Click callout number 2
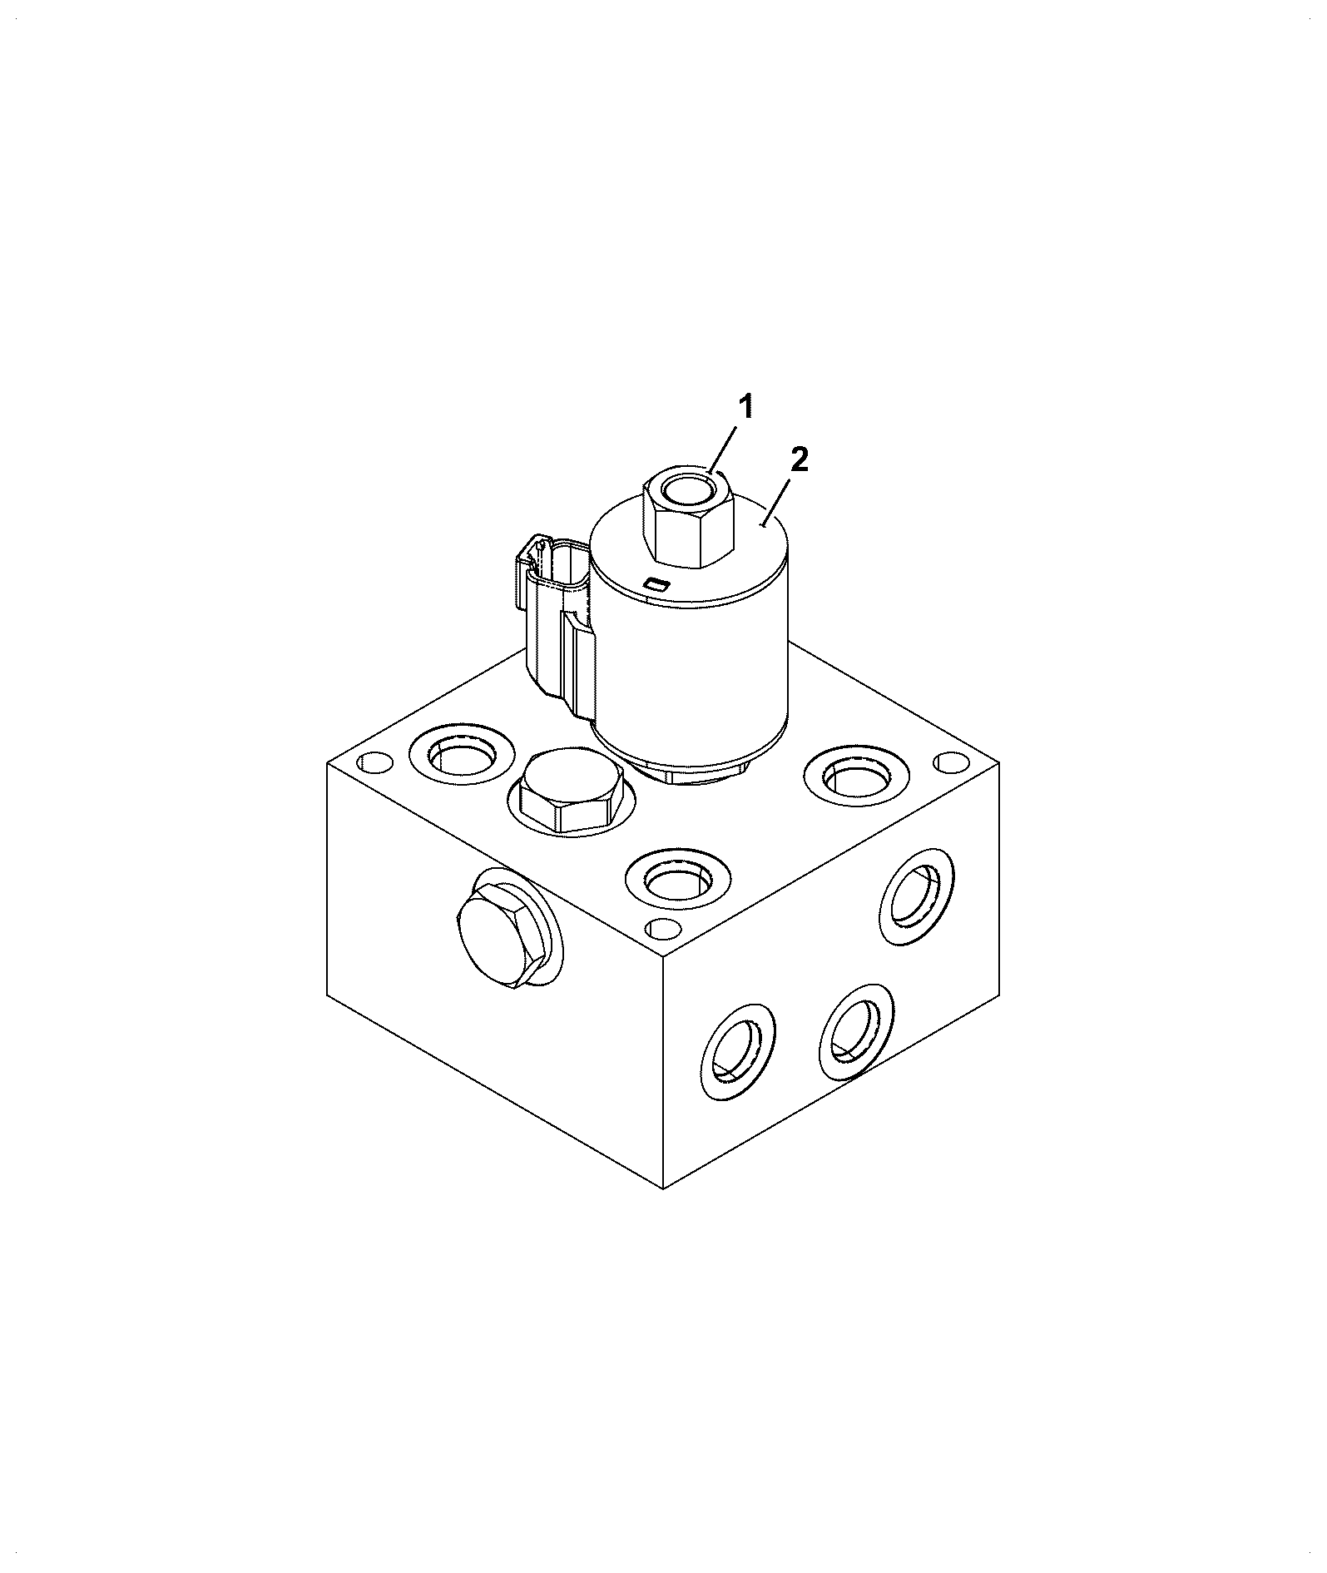[799, 459]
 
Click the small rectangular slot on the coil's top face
[656, 584]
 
